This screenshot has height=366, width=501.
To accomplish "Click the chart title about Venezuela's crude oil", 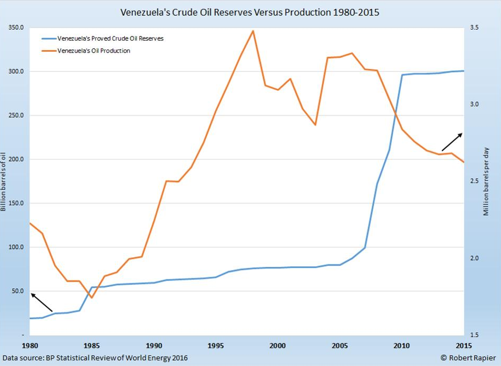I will [250, 12].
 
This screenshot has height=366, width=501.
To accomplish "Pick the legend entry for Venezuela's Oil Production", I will [93, 51].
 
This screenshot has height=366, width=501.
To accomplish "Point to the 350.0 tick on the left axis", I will [16, 27].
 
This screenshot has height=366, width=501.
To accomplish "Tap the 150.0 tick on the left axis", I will [16, 203].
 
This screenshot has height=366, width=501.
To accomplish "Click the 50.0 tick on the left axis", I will [17, 291].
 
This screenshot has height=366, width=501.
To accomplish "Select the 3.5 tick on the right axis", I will [475, 27].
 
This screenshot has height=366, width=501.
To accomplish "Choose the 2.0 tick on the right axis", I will [475, 258].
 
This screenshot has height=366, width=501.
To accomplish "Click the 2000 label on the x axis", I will [278, 346].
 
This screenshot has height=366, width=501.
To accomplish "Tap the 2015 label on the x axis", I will [464, 346].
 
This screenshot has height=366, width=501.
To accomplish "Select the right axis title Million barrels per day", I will [486, 181].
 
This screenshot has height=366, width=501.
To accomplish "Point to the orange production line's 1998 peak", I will [253, 31].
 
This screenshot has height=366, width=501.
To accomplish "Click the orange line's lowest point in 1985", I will [92, 298].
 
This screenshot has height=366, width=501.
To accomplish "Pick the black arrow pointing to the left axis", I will [42, 302].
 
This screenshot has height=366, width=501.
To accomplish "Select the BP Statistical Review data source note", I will [95, 358].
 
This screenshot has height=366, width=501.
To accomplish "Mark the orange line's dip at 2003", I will [315, 125].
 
